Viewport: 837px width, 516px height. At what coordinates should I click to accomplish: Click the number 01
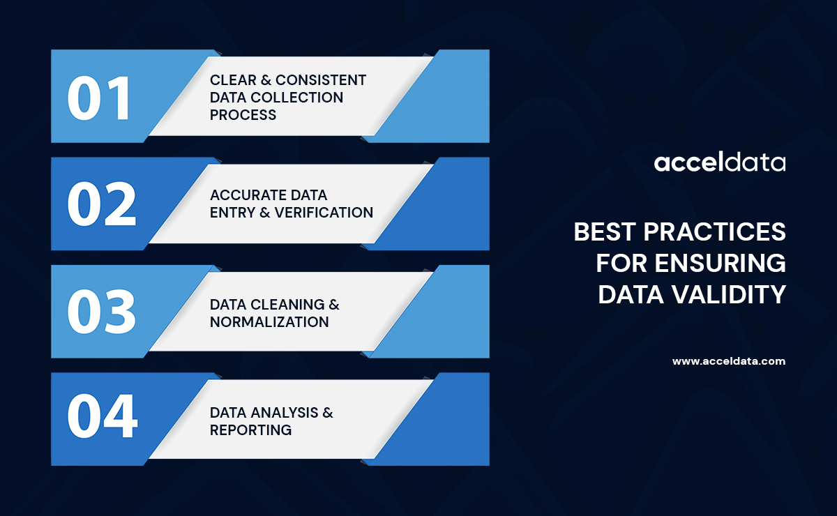pyautogui.click(x=99, y=97)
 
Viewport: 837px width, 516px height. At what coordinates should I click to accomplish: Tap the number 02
pyautogui.click(x=101, y=204)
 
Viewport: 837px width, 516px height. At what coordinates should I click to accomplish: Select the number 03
pyautogui.click(x=101, y=312)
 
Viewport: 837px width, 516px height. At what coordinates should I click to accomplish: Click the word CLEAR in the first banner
pyautogui.click(x=234, y=80)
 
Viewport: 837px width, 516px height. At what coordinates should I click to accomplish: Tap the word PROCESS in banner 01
pyautogui.click(x=243, y=114)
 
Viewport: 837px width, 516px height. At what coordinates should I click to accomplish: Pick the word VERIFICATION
pyautogui.click(x=324, y=213)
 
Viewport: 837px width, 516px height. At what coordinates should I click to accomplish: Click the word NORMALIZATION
pyautogui.click(x=269, y=322)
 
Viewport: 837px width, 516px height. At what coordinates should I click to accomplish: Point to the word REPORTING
pyautogui.click(x=251, y=430)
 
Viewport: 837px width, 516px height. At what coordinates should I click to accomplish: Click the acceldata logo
pyautogui.click(x=720, y=163)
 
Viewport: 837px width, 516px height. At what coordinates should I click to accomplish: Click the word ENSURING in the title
pyautogui.click(x=721, y=264)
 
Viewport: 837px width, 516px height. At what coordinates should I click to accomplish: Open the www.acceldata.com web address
pyautogui.click(x=729, y=361)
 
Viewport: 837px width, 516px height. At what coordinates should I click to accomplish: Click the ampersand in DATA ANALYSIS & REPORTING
pyautogui.click(x=327, y=413)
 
